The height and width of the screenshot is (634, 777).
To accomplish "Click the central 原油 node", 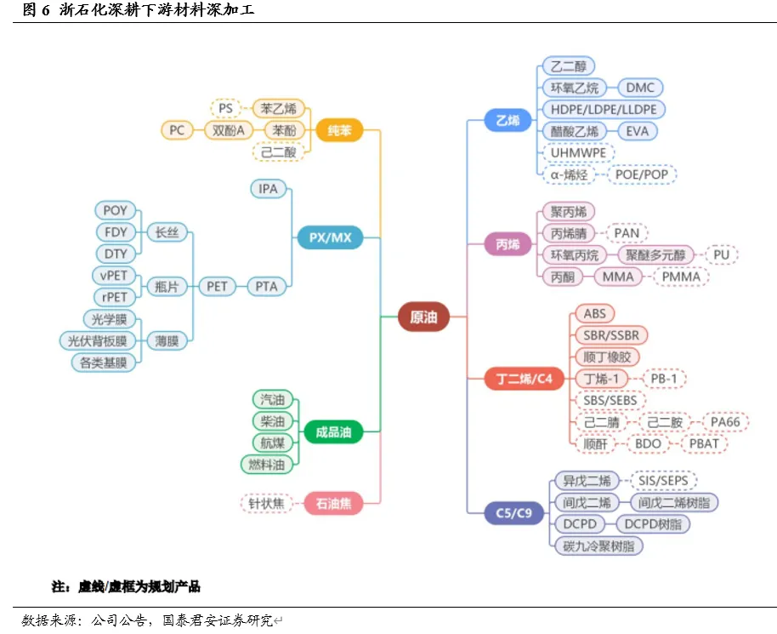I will point(423,317).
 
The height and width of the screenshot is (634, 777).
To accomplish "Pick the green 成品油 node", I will point(333,432).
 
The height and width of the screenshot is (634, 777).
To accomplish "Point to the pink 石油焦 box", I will point(333,504).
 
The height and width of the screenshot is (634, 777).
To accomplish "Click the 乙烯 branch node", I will point(508,121).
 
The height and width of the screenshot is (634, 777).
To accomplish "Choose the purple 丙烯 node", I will point(508,244).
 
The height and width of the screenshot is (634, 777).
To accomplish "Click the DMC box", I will point(640,88).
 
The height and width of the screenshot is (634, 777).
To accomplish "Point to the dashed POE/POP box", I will point(642,174).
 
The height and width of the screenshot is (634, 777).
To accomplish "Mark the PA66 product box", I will point(726,422).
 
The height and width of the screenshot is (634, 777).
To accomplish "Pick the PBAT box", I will point(703,443).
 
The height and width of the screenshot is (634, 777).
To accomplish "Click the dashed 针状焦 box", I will point(266,504).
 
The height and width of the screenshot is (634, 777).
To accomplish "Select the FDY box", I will point(115,231).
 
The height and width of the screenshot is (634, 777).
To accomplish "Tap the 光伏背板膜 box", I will point(97,340).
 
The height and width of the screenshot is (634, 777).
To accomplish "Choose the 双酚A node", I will point(229,130).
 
